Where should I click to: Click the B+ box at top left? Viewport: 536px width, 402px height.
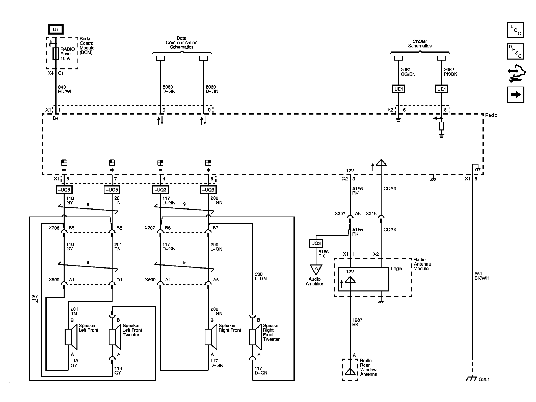pyautogui.click(x=56, y=30)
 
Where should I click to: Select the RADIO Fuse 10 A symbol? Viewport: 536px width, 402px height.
pyautogui.click(x=56, y=53)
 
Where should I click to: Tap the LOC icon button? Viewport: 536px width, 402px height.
pyautogui.click(x=516, y=30)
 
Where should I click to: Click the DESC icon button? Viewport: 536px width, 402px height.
pyautogui.click(x=516, y=51)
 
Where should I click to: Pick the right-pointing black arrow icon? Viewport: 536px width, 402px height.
pyautogui.click(x=516, y=95)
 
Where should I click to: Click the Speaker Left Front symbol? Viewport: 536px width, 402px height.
pyautogui.click(x=71, y=337)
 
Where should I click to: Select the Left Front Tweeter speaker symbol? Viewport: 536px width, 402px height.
pyautogui.click(x=115, y=337)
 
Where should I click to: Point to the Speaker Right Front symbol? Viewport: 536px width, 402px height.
pyautogui.click(x=211, y=337)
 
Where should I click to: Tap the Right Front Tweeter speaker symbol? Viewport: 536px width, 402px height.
pyautogui.click(x=255, y=337)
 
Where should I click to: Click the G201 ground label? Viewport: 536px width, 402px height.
pyautogui.click(x=484, y=379)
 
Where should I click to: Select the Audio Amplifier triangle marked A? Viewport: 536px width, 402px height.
pyautogui.click(x=316, y=269)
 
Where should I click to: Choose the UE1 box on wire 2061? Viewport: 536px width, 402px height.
pyautogui.click(x=398, y=89)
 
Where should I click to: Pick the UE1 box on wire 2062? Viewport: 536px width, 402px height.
pyautogui.click(x=441, y=89)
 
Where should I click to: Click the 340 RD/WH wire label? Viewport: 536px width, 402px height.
pyautogui.click(x=66, y=89)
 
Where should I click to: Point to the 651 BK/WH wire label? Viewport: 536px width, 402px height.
pyautogui.click(x=482, y=276)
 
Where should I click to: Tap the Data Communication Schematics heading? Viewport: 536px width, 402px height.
pyautogui.click(x=181, y=42)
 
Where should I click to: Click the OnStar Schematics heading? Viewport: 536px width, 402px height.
pyautogui.click(x=420, y=43)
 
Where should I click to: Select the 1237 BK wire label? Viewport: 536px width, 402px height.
pyautogui.click(x=357, y=322)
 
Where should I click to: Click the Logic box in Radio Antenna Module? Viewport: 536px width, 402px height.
pyautogui.click(x=363, y=279)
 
